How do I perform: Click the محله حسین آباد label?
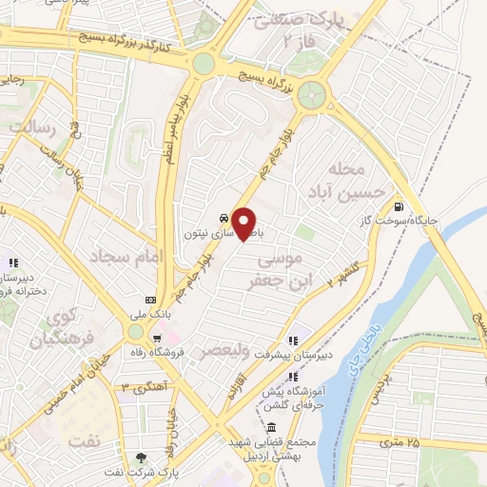pos(353,182)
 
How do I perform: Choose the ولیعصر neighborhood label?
pos(225,351)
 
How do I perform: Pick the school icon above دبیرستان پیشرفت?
pos(294,339)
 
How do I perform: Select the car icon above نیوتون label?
pos(222,216)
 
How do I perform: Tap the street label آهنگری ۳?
pos(146,387)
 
